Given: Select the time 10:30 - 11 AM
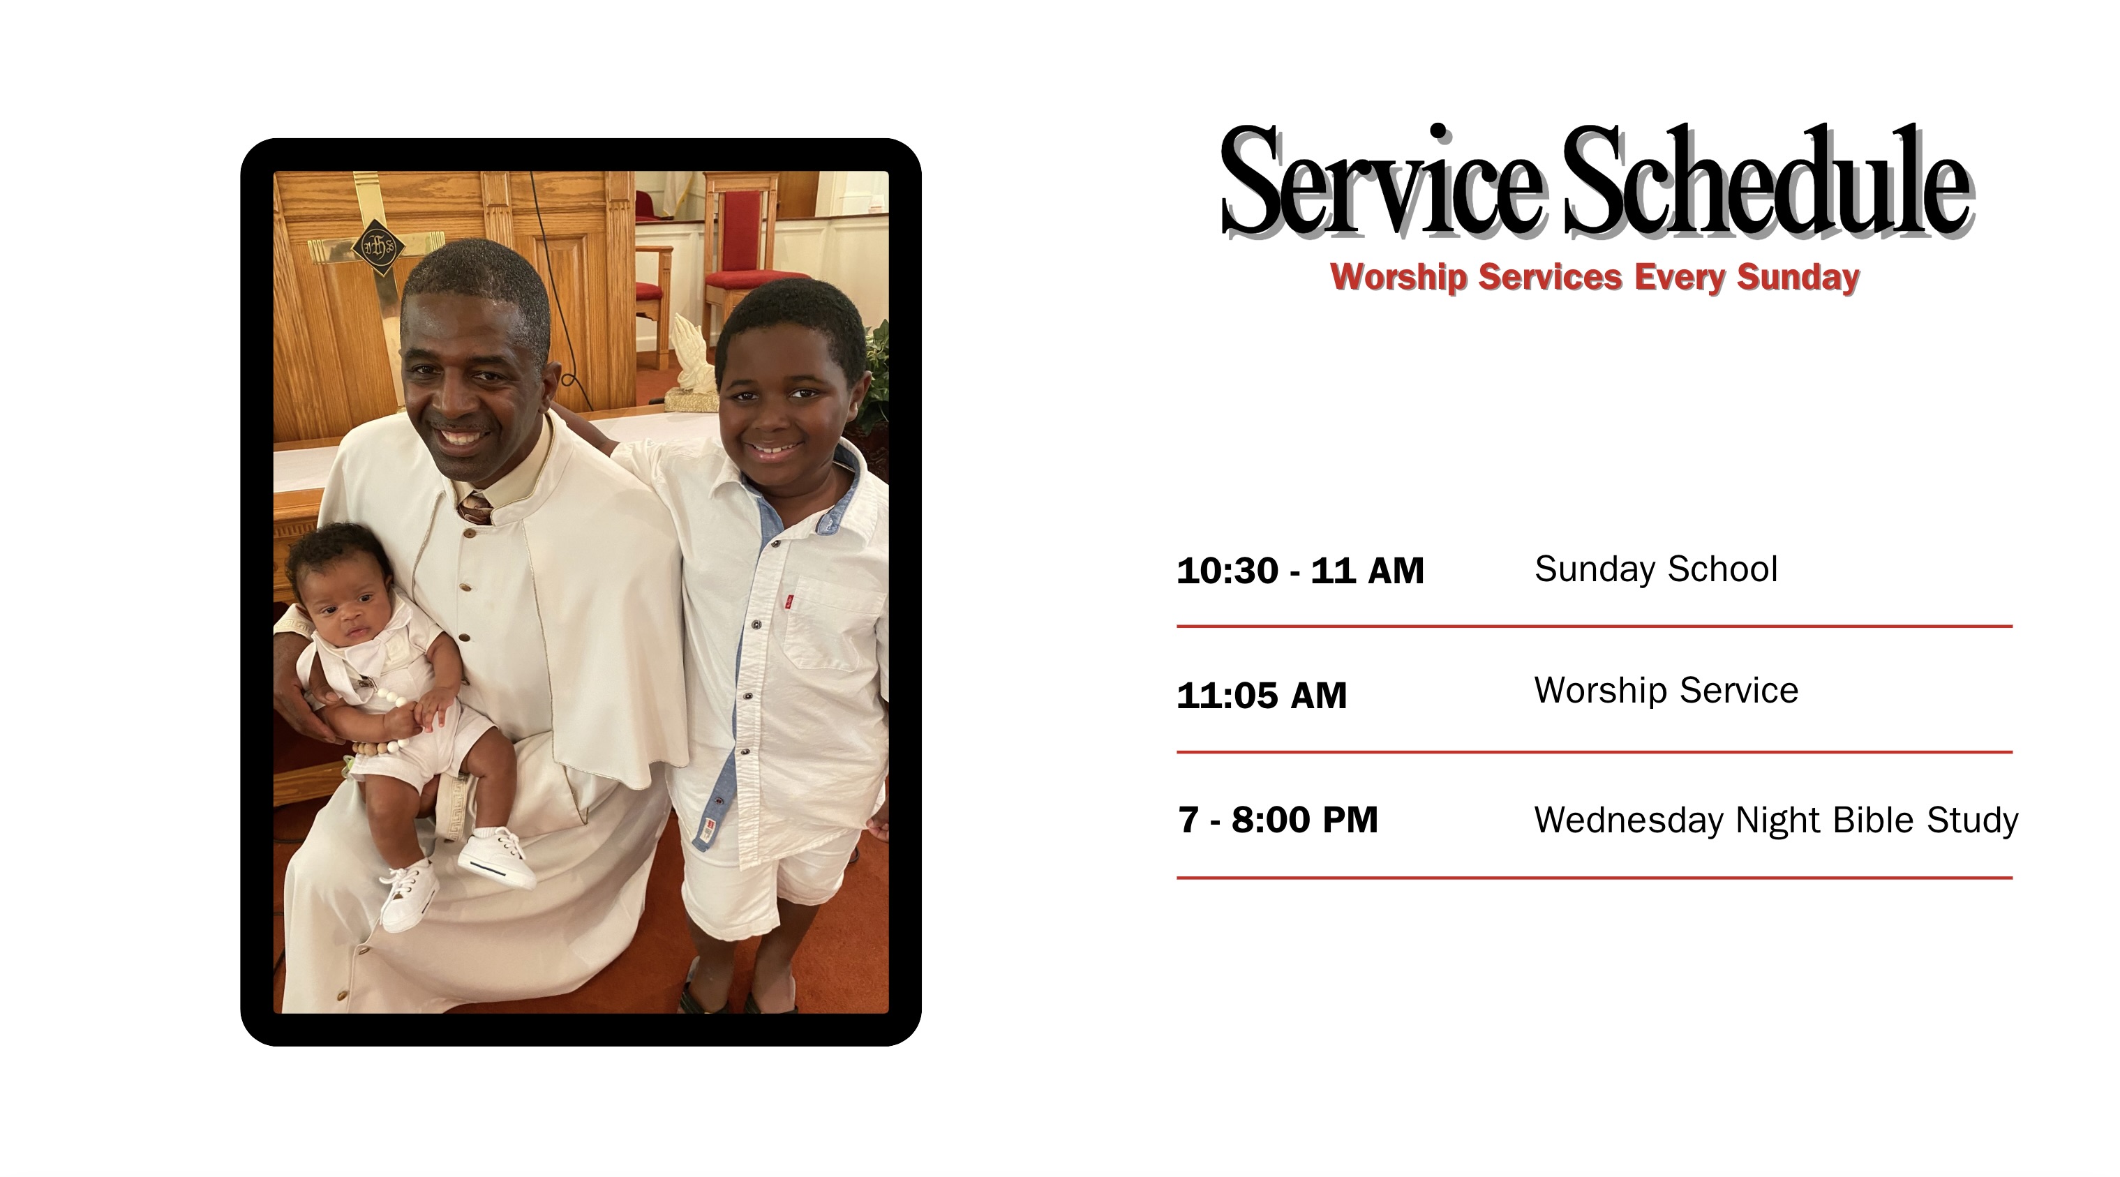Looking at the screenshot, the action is click(x=1300, y=571).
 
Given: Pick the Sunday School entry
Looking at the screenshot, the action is click(x=1656, y=569).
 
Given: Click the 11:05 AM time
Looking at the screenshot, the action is click(x=1262, y=696).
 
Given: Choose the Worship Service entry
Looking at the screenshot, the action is click(x=1666, y=691).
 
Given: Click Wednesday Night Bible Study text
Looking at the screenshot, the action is click(x=1776, y=820).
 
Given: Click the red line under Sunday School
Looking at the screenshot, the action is click(x=1594, y=627).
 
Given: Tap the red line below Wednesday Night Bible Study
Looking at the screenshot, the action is click(x=1594, y=878).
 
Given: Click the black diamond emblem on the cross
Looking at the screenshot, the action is click(x=378, y=247).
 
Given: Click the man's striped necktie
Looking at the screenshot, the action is click(x=475, y=509).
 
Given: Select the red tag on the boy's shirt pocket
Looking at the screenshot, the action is click(x=789, y=601).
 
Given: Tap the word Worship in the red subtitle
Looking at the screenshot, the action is click(x=1398, y=278).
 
